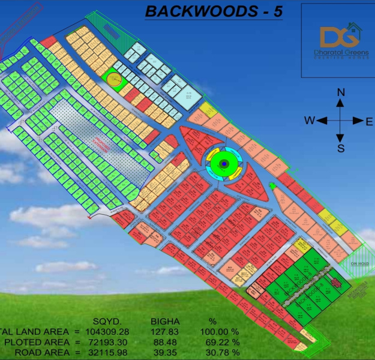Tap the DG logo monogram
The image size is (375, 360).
[x=335, y=37]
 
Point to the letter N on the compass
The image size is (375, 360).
[x=340, y=92]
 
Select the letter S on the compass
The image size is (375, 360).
[x=340, y=148]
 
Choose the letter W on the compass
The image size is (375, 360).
[x=309, y=121]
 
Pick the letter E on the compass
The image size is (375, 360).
[x=369, y=121]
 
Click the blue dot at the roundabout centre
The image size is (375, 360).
[x=223, y=163]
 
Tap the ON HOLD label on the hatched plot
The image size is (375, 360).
[x=359, y=263]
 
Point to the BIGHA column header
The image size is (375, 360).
[x=163, y=321]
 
